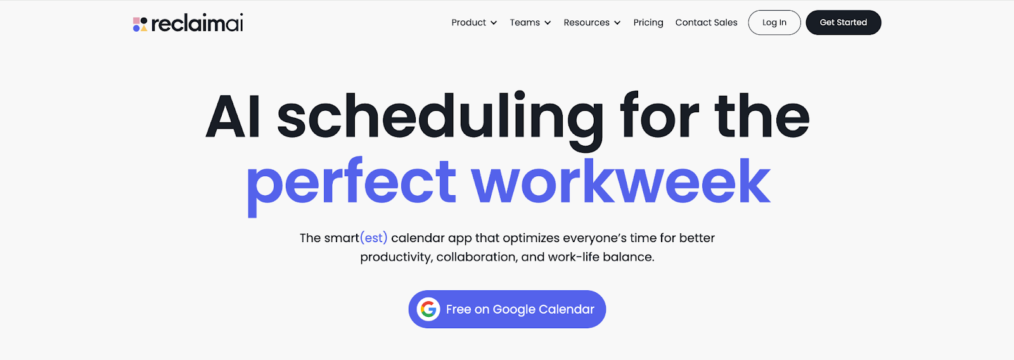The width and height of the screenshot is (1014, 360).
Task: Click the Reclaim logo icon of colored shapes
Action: (140, 24)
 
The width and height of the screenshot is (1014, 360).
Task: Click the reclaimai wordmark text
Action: (197, 23)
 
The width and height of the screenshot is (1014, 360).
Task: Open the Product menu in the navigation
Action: (474, 22)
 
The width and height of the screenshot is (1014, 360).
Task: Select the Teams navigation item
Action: (530, 22)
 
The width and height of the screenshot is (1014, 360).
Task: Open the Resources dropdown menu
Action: (592, 22)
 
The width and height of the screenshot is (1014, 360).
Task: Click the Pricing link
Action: (648, 22)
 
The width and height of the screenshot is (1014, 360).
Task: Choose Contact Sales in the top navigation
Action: (706, 22)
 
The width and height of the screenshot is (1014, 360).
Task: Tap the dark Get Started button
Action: (844, 22)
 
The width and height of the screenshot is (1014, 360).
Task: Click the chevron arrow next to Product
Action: (494, 23)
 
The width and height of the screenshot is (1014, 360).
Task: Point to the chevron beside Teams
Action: (548, 23)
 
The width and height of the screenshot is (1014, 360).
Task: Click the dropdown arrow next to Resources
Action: (617, 23)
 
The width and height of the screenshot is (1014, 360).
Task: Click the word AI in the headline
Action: (233, 116)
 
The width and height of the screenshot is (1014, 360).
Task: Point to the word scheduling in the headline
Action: (440, 120)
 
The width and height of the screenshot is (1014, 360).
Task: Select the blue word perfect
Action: (351, 186)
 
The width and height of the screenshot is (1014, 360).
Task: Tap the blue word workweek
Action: (620, 180)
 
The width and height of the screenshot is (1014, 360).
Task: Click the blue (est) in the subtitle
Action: (374, 238)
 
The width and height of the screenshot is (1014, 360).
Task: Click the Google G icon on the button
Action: (428, 309)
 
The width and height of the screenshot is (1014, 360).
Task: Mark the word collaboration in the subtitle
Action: (477, 257)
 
